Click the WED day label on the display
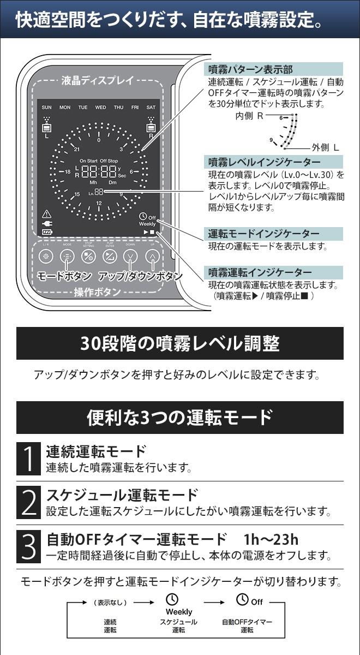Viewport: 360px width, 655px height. tap(100, 108)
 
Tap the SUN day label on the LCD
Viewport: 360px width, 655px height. tap(46, 108)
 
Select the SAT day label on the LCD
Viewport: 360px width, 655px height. tap(151, 108)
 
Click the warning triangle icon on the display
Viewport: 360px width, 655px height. tap(46, 213)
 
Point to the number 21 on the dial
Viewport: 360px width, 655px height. tap(77, 149)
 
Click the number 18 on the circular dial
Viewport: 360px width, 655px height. tap(68, 171)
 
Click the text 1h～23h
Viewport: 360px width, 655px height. tap(272, 540)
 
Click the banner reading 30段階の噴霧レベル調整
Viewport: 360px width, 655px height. tap(180, 343)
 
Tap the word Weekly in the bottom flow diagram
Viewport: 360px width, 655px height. tap(179, 612)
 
